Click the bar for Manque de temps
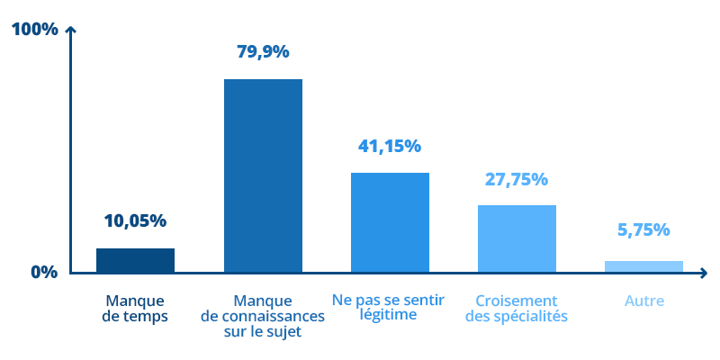(135, 259)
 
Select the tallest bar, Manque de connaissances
(263, 175)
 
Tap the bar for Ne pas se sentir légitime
(390, 221)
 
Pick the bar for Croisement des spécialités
(517, 238)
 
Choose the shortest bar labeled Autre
(643, 265)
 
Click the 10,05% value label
(135, 220)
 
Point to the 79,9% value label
(263, 51)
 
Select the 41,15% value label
(390, 146)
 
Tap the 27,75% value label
(517, 178)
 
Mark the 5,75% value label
(643, 229)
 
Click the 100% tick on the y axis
(34, 30)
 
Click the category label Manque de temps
(135, 308)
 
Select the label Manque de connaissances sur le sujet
(263, 316)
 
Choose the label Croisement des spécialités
(517, 308)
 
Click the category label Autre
(644, 301)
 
